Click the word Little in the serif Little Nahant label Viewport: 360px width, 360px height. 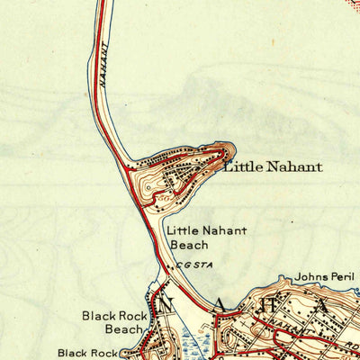(240, 166)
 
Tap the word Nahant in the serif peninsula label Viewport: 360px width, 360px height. (292, 166)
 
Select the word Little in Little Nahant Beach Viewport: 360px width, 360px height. (183, 231)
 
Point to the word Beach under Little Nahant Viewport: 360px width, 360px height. (189, 245)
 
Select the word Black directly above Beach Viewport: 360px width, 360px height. (99, 316)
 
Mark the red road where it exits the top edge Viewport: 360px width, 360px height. (102, 3)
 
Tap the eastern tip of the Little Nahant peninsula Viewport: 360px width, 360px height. (233, 150)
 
